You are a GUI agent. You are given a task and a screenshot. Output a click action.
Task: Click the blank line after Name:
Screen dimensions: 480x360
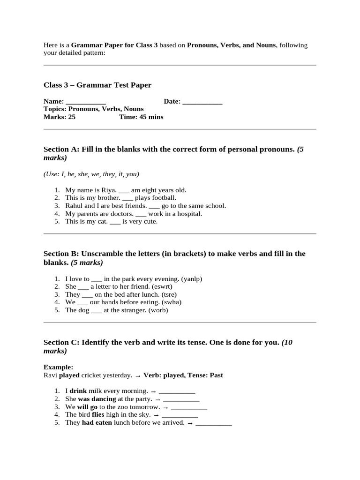(x=86, y=102)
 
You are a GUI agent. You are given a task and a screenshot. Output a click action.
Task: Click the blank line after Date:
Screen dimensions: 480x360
(x=202, y=102)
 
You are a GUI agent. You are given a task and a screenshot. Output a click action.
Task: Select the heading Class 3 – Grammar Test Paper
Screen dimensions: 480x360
(x=97, y=85)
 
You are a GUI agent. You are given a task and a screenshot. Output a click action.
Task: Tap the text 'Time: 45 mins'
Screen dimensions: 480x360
(x=141, y=117)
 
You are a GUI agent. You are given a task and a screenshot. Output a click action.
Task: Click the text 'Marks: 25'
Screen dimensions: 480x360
(x=60, y=117)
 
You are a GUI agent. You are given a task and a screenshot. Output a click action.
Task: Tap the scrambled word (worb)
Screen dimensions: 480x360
(x=158, y=310)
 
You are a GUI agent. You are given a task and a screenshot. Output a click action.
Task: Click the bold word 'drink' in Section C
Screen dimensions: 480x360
(x=78, y=391)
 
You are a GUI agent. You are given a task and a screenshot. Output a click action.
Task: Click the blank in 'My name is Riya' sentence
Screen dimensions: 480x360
(x=124, y=190)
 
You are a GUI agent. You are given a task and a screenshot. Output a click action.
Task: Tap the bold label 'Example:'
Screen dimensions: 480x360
(x=58, y=367)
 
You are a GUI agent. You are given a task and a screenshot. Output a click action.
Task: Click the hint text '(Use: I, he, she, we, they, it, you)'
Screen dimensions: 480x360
(x=91, y=174)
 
